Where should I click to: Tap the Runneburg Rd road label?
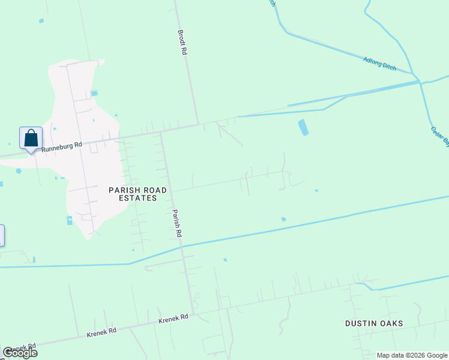click(x=62, y=146)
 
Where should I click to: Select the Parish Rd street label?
click(x=176, y=222)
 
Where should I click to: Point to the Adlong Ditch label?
click(x=380, y=63)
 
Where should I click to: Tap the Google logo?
click(x=20, y=353)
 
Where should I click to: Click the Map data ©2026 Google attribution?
click(x=412, y=355)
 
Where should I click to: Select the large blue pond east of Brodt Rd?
click(x=303, y=127)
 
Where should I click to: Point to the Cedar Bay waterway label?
click(x=440, y=136)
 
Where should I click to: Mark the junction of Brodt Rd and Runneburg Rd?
click(x=199, y=124)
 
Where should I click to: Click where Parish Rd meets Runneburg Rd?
click(x=161, y=133)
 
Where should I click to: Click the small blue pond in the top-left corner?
click(x=41, y=21)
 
